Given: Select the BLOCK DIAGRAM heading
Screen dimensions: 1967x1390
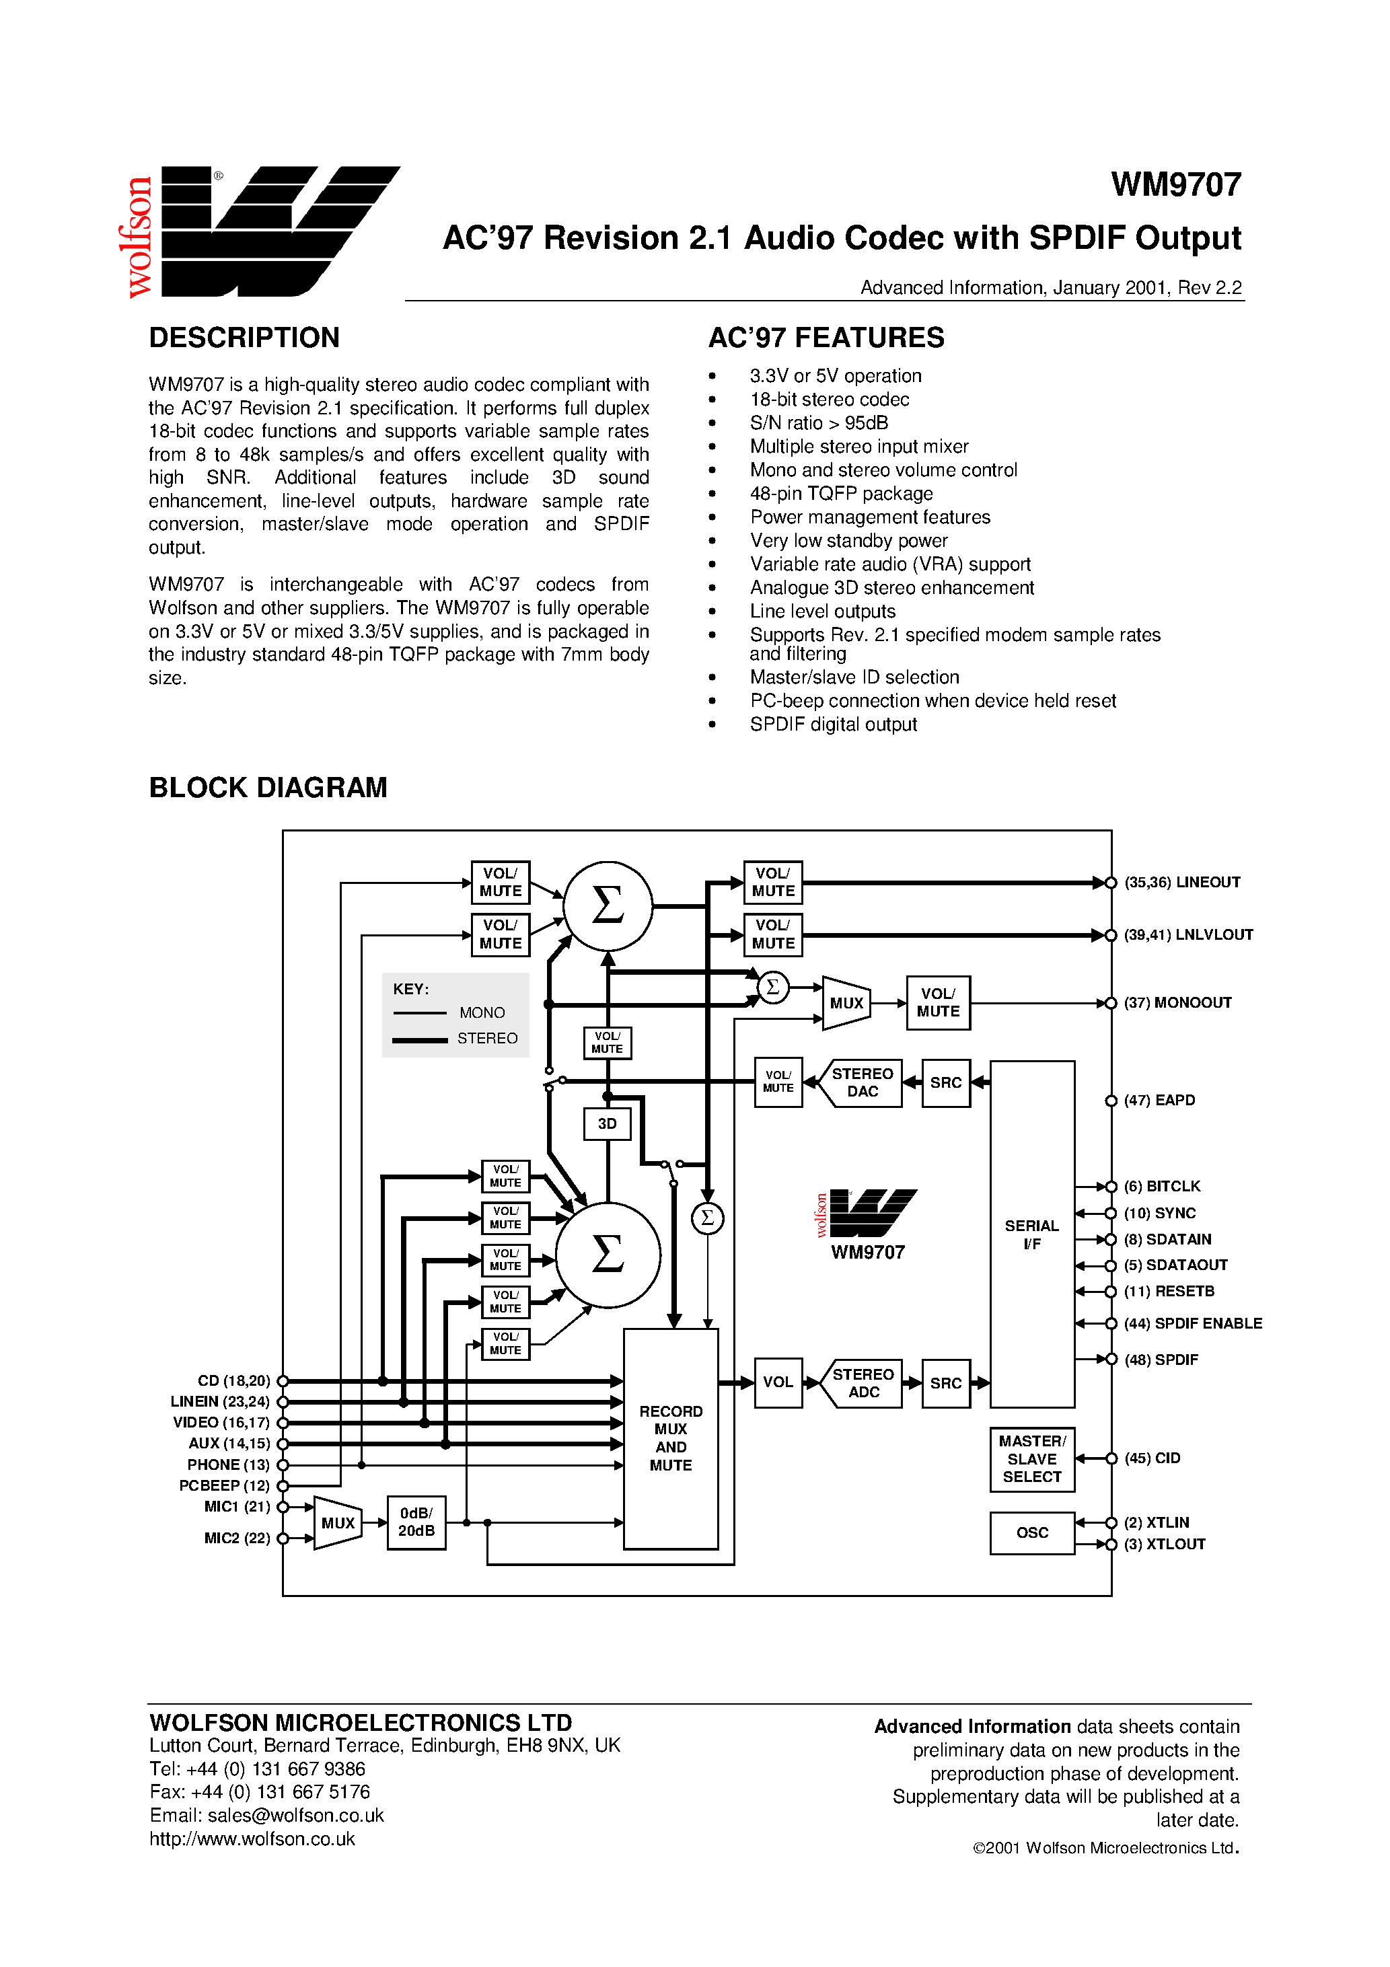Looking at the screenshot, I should (268, 787).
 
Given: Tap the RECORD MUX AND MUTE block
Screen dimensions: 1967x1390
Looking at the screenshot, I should (670, 1438).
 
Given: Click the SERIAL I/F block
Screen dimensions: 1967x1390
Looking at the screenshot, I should (1032, 1234).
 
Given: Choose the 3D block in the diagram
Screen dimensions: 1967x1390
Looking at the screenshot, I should (607, 1124).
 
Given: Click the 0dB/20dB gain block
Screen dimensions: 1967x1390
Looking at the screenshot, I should (416, 1522).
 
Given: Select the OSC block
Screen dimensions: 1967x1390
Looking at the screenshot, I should (1032, 1532).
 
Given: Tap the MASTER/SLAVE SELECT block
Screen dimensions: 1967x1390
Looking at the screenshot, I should (1032, 1459).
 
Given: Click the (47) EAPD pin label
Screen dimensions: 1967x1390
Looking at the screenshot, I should (1159, 1100).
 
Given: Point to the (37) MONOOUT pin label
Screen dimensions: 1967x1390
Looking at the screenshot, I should (1177, 1002).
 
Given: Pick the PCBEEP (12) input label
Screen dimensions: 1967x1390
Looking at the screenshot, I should (223, 1485).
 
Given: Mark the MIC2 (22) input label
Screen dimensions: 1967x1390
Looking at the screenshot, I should (237, 1538).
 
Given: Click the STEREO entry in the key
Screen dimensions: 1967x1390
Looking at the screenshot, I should (486, 1039).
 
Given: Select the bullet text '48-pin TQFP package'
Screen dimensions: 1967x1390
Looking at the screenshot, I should (841, 494).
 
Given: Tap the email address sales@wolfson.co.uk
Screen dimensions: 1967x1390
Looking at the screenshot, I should (295, 1816).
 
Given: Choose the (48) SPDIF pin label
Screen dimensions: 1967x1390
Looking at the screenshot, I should (1161, 1360).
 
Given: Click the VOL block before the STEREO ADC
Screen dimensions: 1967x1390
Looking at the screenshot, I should (778, 1382).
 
